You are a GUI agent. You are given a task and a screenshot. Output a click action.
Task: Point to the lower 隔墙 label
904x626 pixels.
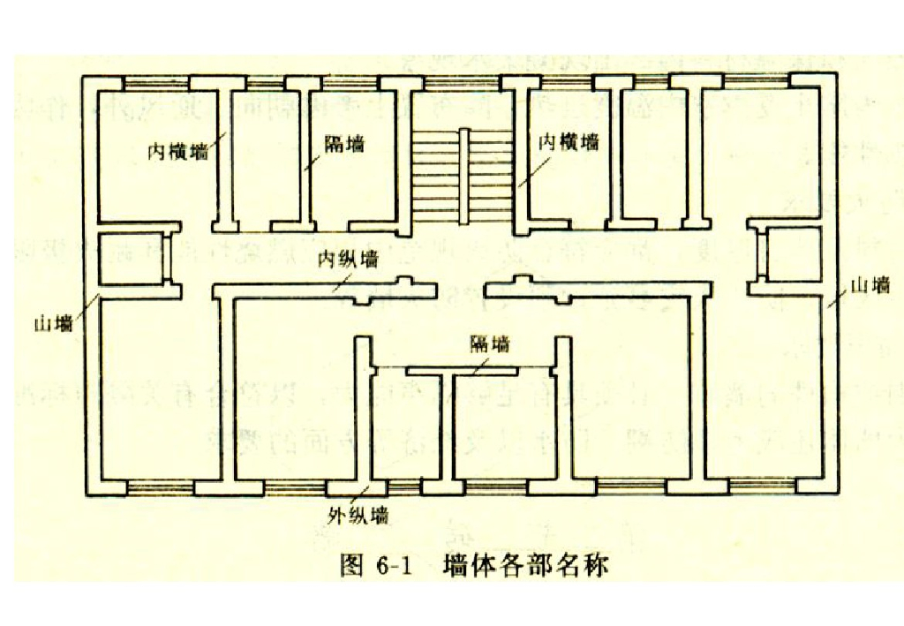(489, 343)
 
